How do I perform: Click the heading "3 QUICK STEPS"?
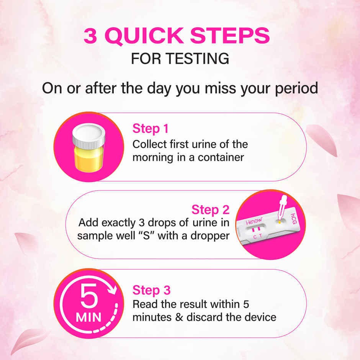tap(177, 36)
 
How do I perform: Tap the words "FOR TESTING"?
tap(180, 59)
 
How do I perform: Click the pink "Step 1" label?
tap(151, 129)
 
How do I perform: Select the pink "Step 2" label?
tap(210, 210)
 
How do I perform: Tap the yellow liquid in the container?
tap(88, 159)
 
